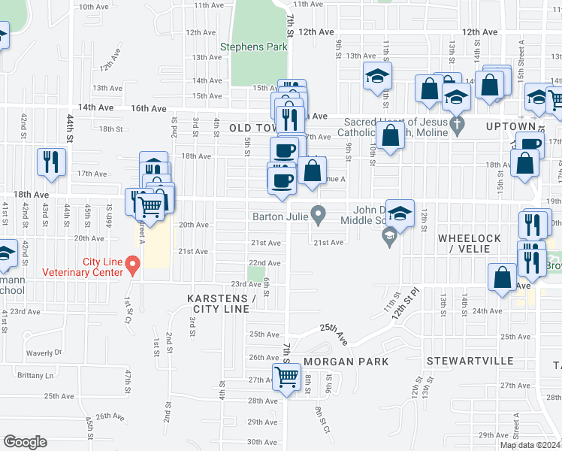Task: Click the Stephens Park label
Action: click(254, 47)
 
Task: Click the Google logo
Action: click(24, 442)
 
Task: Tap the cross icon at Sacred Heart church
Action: click(455, 123)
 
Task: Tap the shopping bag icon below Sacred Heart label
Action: click(391, 136)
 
